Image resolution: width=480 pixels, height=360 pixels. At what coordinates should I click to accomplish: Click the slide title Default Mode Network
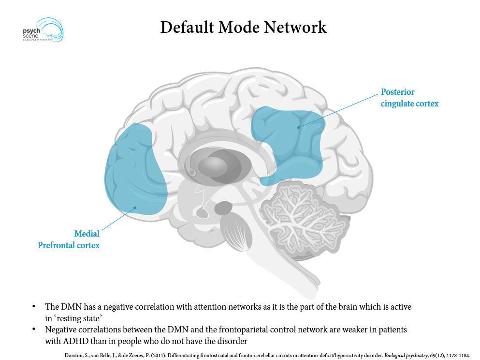coord(243,27)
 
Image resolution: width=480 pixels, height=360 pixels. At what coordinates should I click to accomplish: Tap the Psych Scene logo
coord(43,30)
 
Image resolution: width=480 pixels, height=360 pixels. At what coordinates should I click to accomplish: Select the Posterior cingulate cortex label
coord(409,98)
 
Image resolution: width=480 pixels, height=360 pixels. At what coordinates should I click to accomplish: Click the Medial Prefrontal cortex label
coord(69,240)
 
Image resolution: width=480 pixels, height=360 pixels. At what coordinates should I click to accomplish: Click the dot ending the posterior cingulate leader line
coord(299,127)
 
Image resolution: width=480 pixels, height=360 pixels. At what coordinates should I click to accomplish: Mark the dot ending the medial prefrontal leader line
coord(135,208)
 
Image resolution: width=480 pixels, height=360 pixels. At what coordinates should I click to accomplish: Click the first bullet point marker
coord(34,307)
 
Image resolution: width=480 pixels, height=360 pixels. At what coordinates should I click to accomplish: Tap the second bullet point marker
coord(34,330)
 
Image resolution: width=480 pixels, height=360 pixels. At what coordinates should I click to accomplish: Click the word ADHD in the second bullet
coord(73,341)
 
